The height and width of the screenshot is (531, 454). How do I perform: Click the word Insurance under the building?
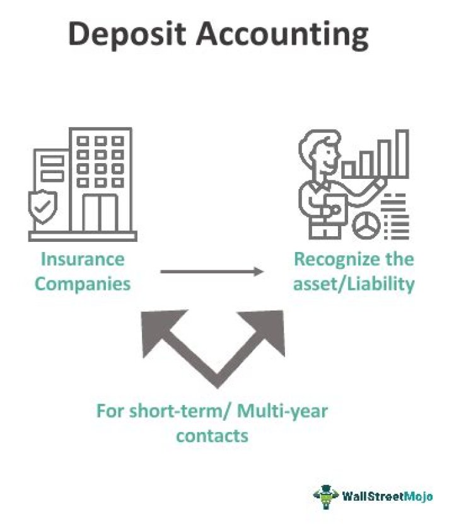point(83,259)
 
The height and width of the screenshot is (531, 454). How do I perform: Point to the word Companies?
point(83,283)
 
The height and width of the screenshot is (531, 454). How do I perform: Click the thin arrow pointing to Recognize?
point(211,271)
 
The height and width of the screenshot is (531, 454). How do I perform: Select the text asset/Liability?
point(354,283)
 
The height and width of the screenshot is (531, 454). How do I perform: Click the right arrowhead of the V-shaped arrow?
point(268,325)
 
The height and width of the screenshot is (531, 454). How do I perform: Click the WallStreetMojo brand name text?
point(387,496)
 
